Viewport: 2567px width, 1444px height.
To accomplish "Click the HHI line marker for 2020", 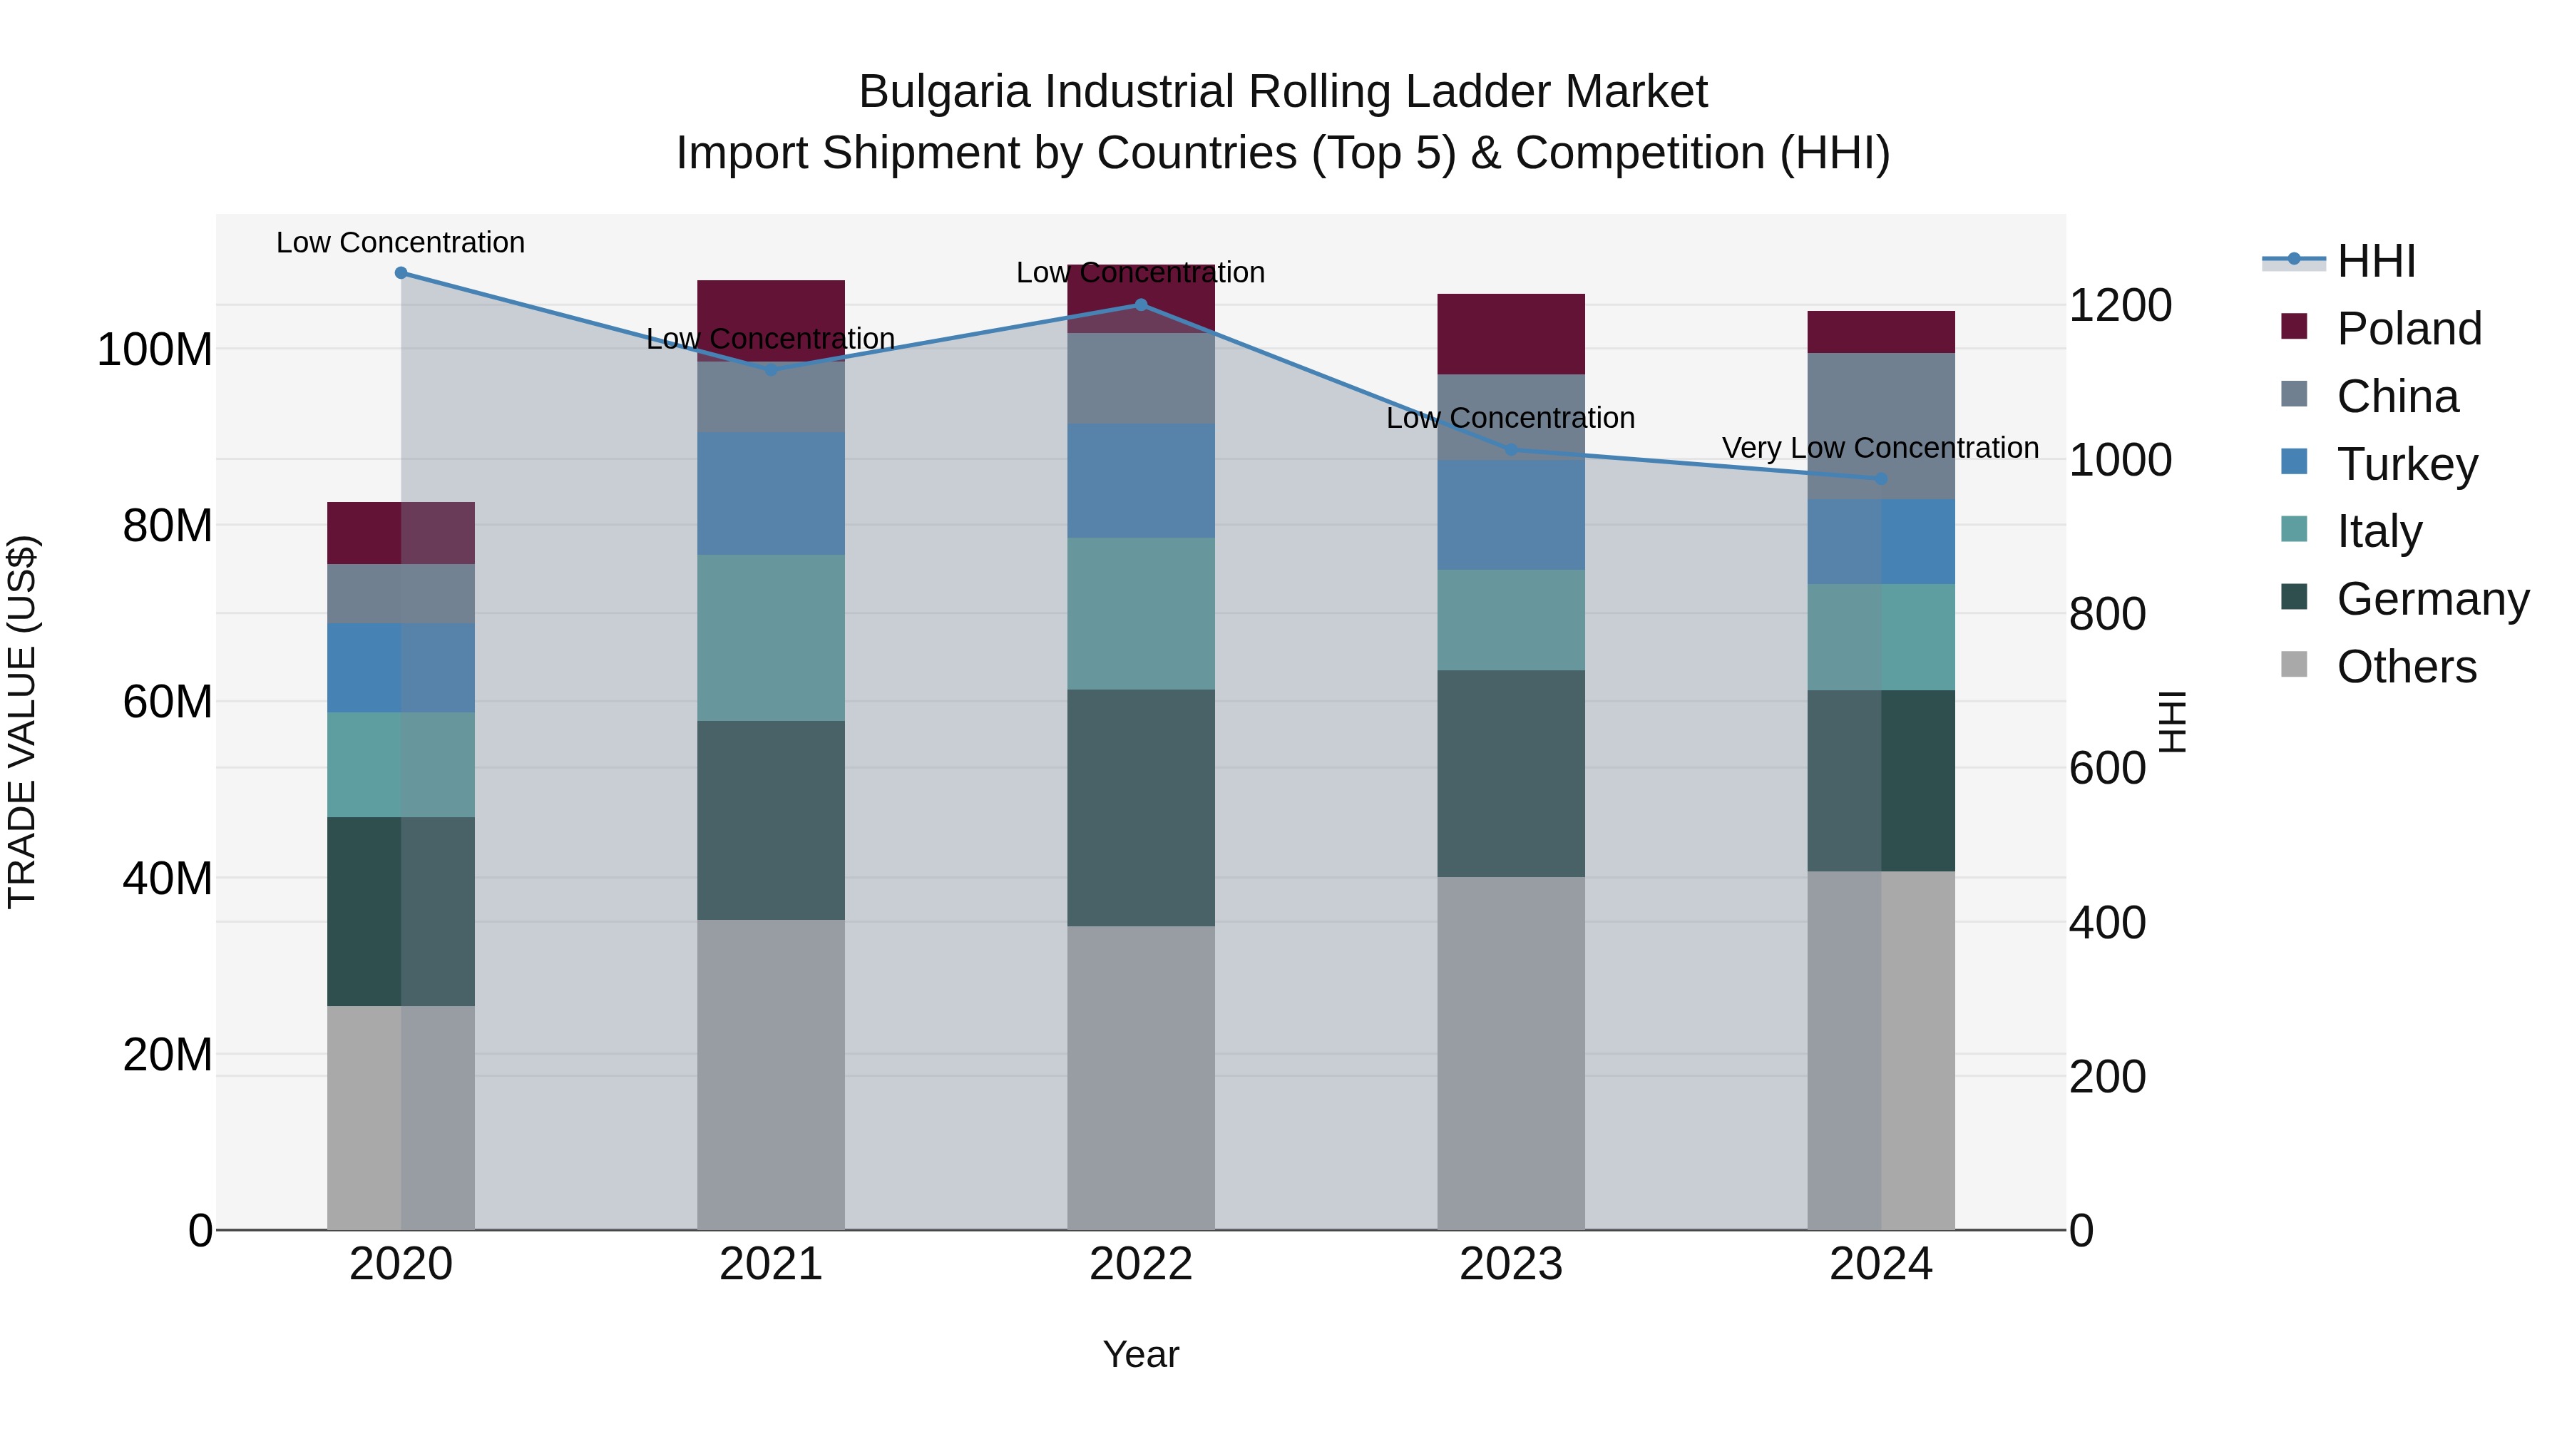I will click(401, 273).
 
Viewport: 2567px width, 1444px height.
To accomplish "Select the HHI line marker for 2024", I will click(1880, 478).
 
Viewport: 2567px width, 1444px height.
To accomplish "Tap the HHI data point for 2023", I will click(1511, 449).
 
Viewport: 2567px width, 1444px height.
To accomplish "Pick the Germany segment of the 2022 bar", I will click(1141, 807).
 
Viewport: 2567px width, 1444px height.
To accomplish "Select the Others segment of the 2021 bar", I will click(770, 1075).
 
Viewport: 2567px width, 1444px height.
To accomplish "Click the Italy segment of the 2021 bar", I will click(770, 637).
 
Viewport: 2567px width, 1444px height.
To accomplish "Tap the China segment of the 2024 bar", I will click(1880, 426).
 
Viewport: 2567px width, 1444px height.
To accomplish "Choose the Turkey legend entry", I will click(2407, 464).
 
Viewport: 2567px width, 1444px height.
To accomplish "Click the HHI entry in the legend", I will click(2376, 261).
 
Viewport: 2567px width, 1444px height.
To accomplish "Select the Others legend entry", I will click(2406, 667).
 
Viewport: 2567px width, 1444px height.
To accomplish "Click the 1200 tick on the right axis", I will click(2120, 305).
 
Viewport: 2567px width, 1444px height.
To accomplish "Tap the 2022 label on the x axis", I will click(1141, 1264).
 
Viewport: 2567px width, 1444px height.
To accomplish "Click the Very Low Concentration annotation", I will click(1880, 449).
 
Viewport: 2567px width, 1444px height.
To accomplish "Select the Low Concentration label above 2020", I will click(401, 242).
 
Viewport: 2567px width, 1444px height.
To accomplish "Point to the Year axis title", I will click(1141, 1354).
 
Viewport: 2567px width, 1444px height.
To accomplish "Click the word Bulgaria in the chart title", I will click(943, 92).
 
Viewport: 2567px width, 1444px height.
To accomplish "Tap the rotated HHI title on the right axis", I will click(2173, 722).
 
